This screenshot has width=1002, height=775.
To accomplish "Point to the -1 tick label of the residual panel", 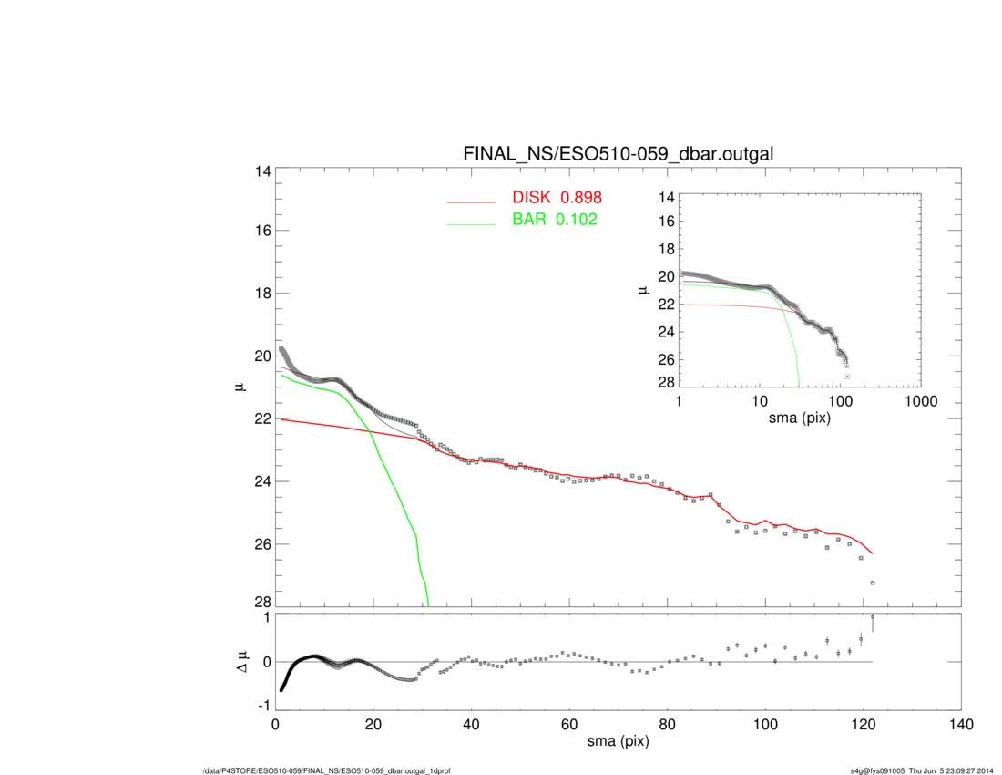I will click(261, 705).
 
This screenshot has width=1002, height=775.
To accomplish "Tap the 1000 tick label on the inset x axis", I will click(920, 401).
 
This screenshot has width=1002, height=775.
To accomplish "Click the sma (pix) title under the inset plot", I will click(799, 418).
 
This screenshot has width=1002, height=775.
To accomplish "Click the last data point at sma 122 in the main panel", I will click(873, 583).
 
